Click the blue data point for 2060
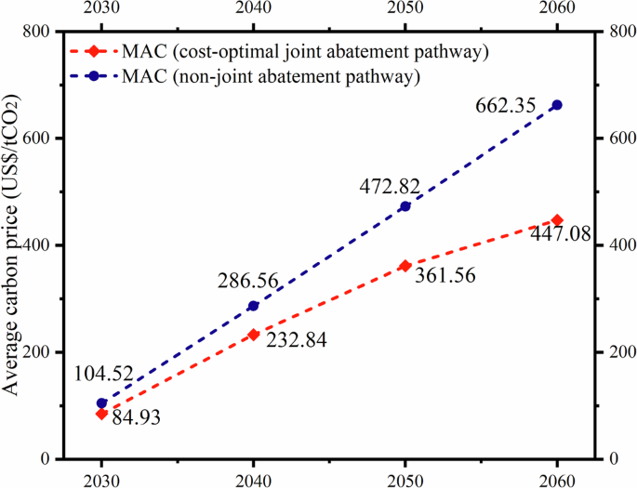click(x=557, y=105)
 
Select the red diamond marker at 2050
click(x=405, y=266)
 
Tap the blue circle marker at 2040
click(x=253, y=306)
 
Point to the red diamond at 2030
click(x=101, y=414)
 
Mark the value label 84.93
click(x=137, y=417)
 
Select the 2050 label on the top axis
click(x=405, y=9)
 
